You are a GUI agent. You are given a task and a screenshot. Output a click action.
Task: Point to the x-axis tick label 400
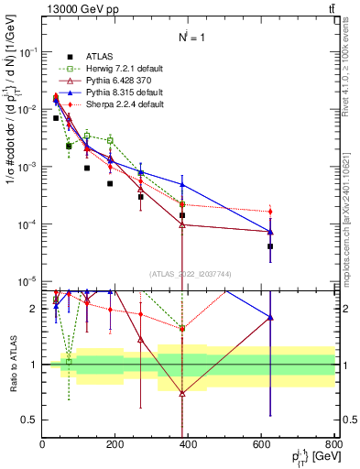tap(188, 446)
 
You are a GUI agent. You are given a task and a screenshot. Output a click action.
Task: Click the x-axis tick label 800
tap(333, 446)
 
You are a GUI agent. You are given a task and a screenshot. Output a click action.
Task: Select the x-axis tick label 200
tap(115, 446)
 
